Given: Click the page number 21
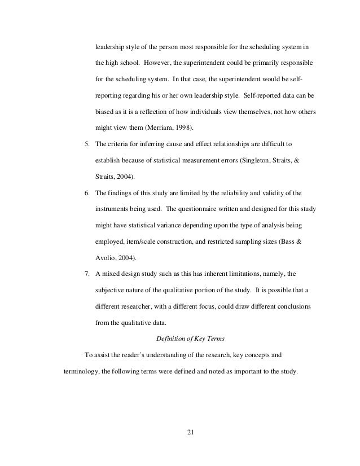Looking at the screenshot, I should click(x=190, y=433).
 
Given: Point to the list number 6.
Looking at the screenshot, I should click(x=87, y=193).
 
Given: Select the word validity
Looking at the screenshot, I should click(x=287, y=193).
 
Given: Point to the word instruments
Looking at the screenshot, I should click(x=112, y=209).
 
